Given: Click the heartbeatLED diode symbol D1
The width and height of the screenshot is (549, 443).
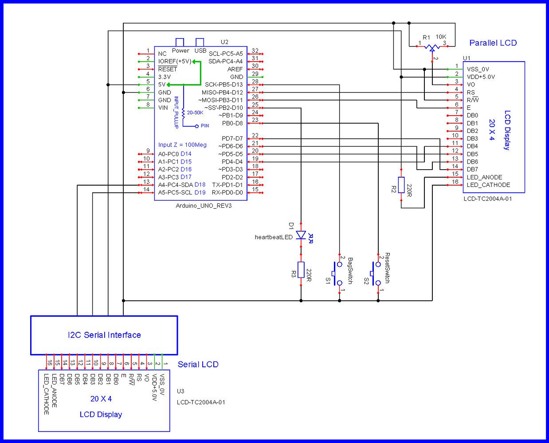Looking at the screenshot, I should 301,235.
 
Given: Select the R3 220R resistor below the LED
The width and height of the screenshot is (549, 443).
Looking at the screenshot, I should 301,270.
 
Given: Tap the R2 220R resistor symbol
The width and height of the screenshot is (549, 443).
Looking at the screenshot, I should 401,185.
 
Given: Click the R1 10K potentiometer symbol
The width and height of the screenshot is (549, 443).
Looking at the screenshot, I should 432,47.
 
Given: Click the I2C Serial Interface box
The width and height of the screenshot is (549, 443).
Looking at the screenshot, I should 104,335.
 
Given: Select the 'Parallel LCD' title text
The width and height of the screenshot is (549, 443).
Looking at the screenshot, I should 493,43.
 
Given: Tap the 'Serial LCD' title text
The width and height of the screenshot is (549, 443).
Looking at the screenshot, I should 198,365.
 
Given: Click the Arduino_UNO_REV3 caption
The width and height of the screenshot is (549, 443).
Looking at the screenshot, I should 204,206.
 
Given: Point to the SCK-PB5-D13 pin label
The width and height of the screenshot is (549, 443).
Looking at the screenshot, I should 224,85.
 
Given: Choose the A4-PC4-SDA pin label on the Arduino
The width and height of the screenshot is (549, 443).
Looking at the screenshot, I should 175,185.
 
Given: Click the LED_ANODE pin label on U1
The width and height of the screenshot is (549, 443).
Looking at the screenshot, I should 484,177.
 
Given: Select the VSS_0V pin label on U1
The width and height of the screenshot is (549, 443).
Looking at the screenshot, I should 478,69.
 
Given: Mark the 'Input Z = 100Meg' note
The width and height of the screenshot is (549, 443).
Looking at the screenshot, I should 182,145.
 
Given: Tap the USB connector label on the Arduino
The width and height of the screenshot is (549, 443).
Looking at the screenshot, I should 200,51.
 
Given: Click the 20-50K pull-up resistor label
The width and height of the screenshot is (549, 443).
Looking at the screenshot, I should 195,113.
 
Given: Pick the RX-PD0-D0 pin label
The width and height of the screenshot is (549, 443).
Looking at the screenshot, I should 227,193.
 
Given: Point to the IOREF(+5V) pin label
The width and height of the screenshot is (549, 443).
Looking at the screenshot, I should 175,62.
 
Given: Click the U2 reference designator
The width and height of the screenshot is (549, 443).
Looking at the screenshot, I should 224,42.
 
